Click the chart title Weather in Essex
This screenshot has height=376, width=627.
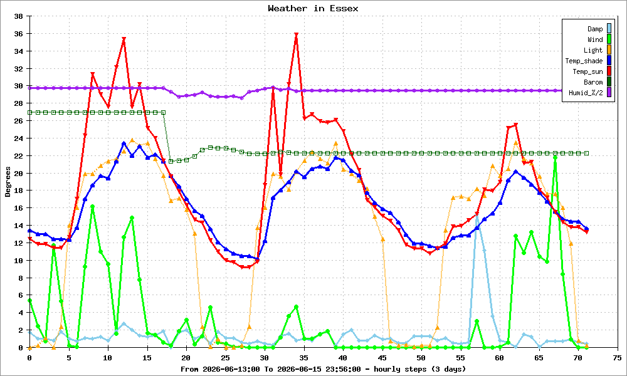(x=313, y=8)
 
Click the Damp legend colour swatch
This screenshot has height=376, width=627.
(x=609, y=28)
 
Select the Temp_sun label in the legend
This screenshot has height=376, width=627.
(x=587, y=71)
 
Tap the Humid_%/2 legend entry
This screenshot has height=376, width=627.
(x=590, y=93)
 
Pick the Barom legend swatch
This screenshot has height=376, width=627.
(x=609, y=82)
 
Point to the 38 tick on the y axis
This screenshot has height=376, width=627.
(x=18, y=16)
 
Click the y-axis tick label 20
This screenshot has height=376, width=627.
(x=18, y=173)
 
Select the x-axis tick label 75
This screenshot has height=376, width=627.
(x=617, y=358)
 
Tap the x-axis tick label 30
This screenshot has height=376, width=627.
(x=264, y=358)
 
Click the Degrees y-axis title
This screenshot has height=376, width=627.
(x=8, y=182)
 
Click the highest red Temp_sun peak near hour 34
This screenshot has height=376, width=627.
(x=296, y=34)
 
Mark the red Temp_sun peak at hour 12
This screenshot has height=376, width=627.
(x=124, y=39)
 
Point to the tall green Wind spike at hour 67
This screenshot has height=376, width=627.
(x=555, y=158)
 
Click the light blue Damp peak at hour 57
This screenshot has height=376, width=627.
(x=477, y=216)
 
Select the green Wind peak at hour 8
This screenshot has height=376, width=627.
(x=92, y=207)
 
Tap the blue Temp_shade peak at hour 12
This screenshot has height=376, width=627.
(x=124, y=144)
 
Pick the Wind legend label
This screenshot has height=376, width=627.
(x=595, y=39)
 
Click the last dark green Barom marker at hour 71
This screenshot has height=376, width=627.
(x=587, y=153)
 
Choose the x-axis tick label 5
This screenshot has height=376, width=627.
(x=69, y=358)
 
